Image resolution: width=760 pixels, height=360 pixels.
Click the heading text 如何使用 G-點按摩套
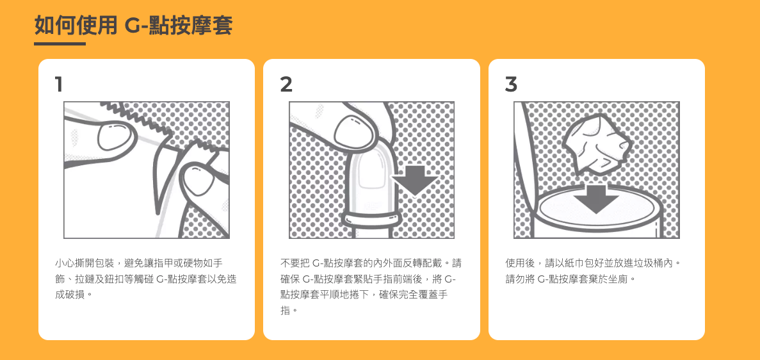(x=133, y=25)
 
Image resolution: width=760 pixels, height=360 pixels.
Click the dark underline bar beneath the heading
(x=60, y=44)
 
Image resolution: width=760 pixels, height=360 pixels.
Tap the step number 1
(x=59, y=85)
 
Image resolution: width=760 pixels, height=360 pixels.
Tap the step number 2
(x=286, y=85)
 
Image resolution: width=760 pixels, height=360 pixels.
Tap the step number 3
(x=511, y=85)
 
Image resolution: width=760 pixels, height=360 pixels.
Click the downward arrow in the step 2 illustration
(x=415, y=180)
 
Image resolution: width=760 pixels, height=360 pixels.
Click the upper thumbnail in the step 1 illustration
(x=115, y=135)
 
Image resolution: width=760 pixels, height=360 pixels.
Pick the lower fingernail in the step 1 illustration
(x=197, y=179)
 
